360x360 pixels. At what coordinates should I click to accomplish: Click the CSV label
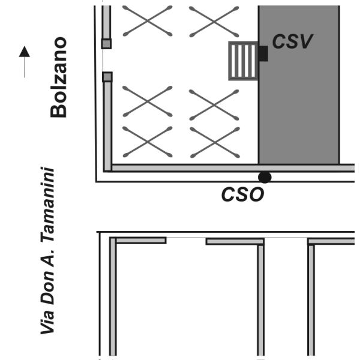292,41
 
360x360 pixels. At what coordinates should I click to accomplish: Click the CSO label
242,194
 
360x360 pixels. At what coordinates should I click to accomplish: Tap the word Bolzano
59,77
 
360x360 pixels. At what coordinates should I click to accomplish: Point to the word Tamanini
48,205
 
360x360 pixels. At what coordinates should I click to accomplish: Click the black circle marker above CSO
265,177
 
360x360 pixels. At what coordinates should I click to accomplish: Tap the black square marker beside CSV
263,53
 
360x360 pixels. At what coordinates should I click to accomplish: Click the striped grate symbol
244,61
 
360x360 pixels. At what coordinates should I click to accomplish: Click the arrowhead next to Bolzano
25,52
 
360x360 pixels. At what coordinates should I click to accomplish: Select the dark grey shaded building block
299,85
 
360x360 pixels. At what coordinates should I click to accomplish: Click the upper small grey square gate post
106,44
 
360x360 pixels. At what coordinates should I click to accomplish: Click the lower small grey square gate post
107,77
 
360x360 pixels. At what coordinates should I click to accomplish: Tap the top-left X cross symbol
148,21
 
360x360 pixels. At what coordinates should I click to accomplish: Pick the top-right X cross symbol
214,22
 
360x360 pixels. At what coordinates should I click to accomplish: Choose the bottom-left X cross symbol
148,142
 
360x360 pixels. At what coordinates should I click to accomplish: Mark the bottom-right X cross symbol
215,143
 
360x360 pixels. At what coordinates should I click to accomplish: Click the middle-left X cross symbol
148,101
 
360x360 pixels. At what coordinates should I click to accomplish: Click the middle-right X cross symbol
214,105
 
